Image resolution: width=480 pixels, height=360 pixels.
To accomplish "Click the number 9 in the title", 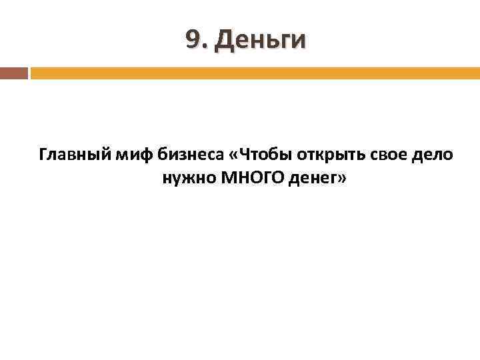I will coord(193,41).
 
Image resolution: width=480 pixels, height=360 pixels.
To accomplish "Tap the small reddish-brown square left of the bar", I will coord(13,73).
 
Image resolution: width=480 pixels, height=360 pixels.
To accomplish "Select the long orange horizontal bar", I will coord(255,73).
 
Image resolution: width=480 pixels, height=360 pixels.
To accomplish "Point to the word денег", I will coord(312,178).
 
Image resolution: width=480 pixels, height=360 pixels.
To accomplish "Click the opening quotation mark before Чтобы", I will coord(233,156).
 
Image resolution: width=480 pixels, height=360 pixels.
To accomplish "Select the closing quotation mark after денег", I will coord(341,179).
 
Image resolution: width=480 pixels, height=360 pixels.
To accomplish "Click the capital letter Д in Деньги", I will coord(223,41).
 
